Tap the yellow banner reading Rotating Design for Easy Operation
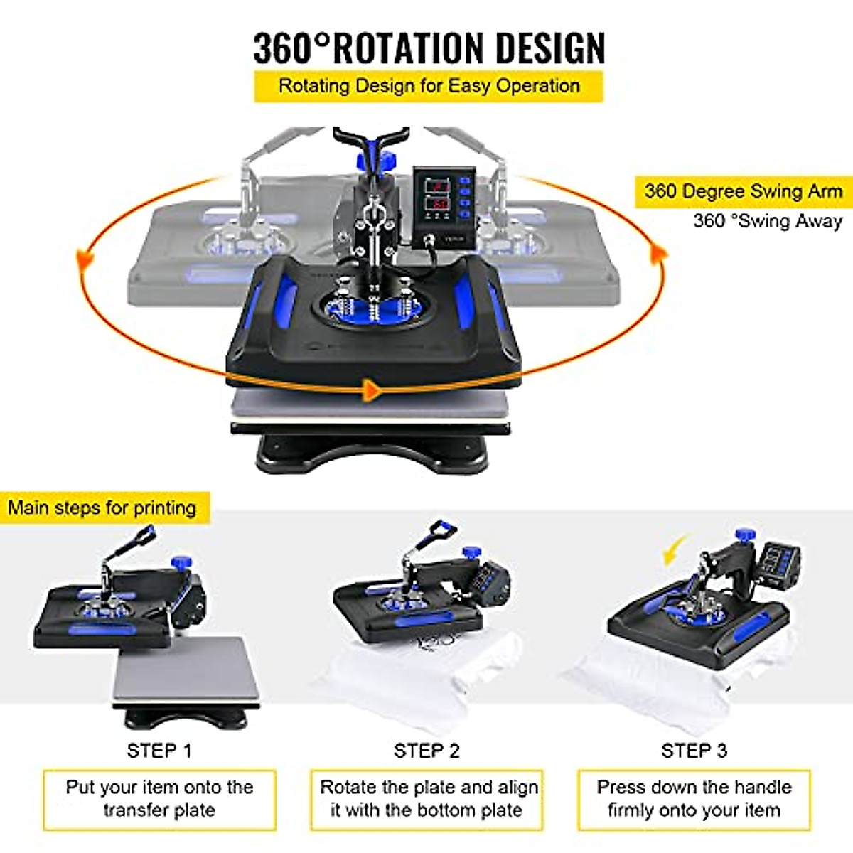[429, 86]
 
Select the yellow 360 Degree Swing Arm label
[743, 191]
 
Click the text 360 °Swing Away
[768, 221]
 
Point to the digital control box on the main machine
[443, 206]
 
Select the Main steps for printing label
[102, 508]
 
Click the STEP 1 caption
[159, 751]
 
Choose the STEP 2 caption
[426, 751]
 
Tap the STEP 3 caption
[694, 751]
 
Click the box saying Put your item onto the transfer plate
[159, 799]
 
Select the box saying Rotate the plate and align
[426, 799]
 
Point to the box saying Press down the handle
[694, 799]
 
